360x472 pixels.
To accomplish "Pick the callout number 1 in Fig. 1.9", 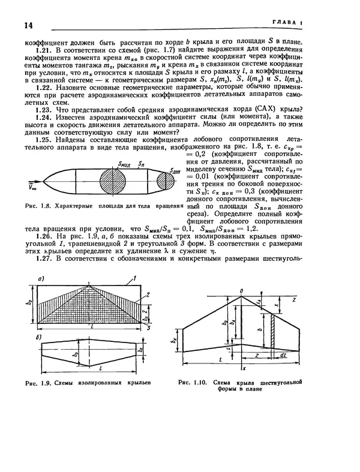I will click(136, 277).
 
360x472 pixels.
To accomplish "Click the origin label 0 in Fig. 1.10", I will click(241, 291).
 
